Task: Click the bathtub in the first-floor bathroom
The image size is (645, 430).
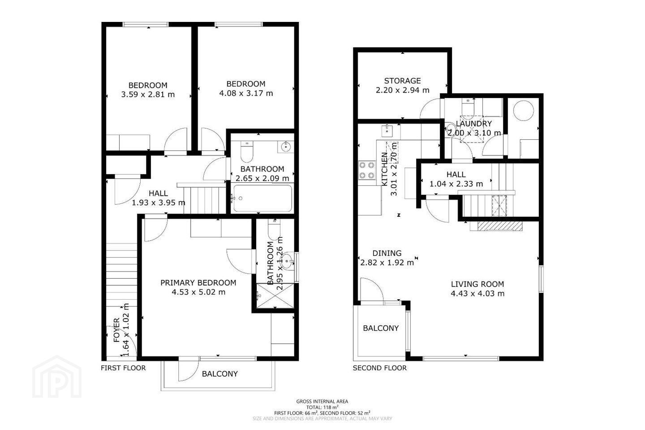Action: coord(262,198)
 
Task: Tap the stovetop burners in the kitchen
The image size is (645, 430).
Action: coord(367,170)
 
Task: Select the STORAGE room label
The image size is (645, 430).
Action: coord(402,81)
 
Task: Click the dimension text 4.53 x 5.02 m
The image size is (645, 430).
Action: coord(198,292)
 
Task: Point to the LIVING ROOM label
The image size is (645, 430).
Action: coord(477,284)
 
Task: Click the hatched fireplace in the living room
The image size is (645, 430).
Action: coord(500,226)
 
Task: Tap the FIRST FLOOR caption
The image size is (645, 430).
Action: coord(123,368)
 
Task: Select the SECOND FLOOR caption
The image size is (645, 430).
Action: coord(379,368)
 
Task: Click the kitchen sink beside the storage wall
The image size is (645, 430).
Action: coord(387,131)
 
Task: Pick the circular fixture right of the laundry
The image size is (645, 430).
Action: coord(524,111)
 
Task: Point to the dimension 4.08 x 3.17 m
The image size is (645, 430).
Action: coord(246,93)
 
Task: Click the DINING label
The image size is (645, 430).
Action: coord(387,253)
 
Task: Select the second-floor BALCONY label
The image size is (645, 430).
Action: coord(381,328)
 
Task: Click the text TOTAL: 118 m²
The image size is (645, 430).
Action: coord(322,407)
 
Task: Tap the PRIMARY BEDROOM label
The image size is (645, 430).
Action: coord(198,283)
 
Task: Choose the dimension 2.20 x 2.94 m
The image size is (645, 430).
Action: coord(402,90)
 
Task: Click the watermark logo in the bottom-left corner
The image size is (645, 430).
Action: coord(57,377)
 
